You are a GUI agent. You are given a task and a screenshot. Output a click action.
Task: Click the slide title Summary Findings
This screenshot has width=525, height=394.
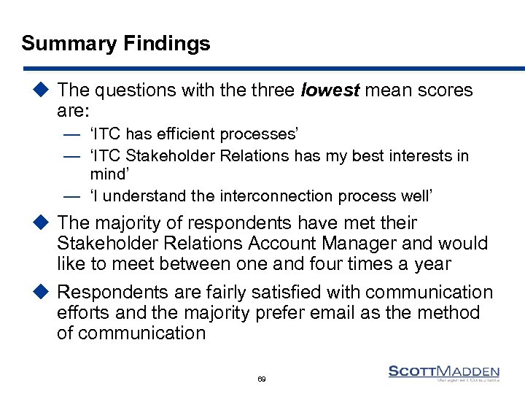116,44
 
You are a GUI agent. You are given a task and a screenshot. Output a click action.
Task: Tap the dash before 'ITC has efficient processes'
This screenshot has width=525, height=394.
71,135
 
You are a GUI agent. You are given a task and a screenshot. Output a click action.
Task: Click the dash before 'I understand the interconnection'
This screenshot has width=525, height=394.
71,197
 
